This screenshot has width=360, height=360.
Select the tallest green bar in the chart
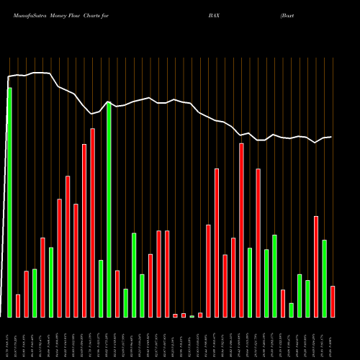[x=9, y=202]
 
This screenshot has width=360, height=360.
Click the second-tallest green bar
[x=109, y=209]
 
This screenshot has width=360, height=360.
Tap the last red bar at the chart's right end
[x=333, y=302]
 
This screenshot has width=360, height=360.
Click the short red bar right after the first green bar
[x=18, y=306]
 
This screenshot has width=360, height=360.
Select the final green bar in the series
[x=324, y=279]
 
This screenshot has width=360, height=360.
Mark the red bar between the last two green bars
[x=316, y=266]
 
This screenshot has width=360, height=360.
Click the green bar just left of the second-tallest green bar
[x=101, y=289]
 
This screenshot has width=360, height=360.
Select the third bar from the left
[x=26, y=294]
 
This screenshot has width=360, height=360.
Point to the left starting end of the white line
[x=8, y=76]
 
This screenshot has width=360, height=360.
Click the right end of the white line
[x=331, y=137]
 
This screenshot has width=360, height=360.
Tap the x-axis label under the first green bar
[x=9, y=338]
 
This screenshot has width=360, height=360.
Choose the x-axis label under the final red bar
[x=333, y=338]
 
